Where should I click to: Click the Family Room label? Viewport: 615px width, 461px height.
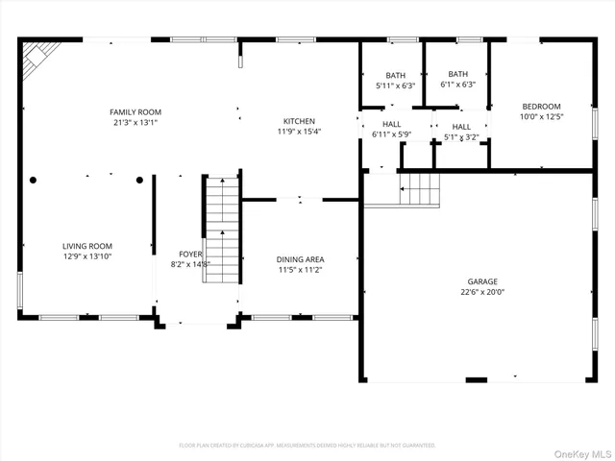pos(135,112)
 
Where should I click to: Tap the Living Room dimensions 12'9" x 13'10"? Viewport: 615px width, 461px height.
pos(87,256)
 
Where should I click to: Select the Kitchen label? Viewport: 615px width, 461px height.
pos(298,121)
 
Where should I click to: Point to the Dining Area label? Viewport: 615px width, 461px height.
pos(301,259)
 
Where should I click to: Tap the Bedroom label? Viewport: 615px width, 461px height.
pos(541,106)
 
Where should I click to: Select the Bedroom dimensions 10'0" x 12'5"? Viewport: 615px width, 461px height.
pos(541,116)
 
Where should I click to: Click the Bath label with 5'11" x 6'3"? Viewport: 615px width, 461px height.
pos(395,75)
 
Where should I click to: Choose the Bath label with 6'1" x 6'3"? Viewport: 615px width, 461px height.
pos(457,74)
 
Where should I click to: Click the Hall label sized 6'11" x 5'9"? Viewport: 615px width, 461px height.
pos(392,124)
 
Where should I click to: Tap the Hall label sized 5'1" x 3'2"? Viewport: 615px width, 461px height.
pos(461,127)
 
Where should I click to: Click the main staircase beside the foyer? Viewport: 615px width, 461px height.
pos(222,230)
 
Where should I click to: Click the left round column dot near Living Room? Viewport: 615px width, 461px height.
pos(34,180)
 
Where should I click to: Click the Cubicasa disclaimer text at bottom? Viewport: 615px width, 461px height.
pos(307,446)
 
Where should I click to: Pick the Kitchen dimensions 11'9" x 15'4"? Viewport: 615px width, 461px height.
pos(298,132)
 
